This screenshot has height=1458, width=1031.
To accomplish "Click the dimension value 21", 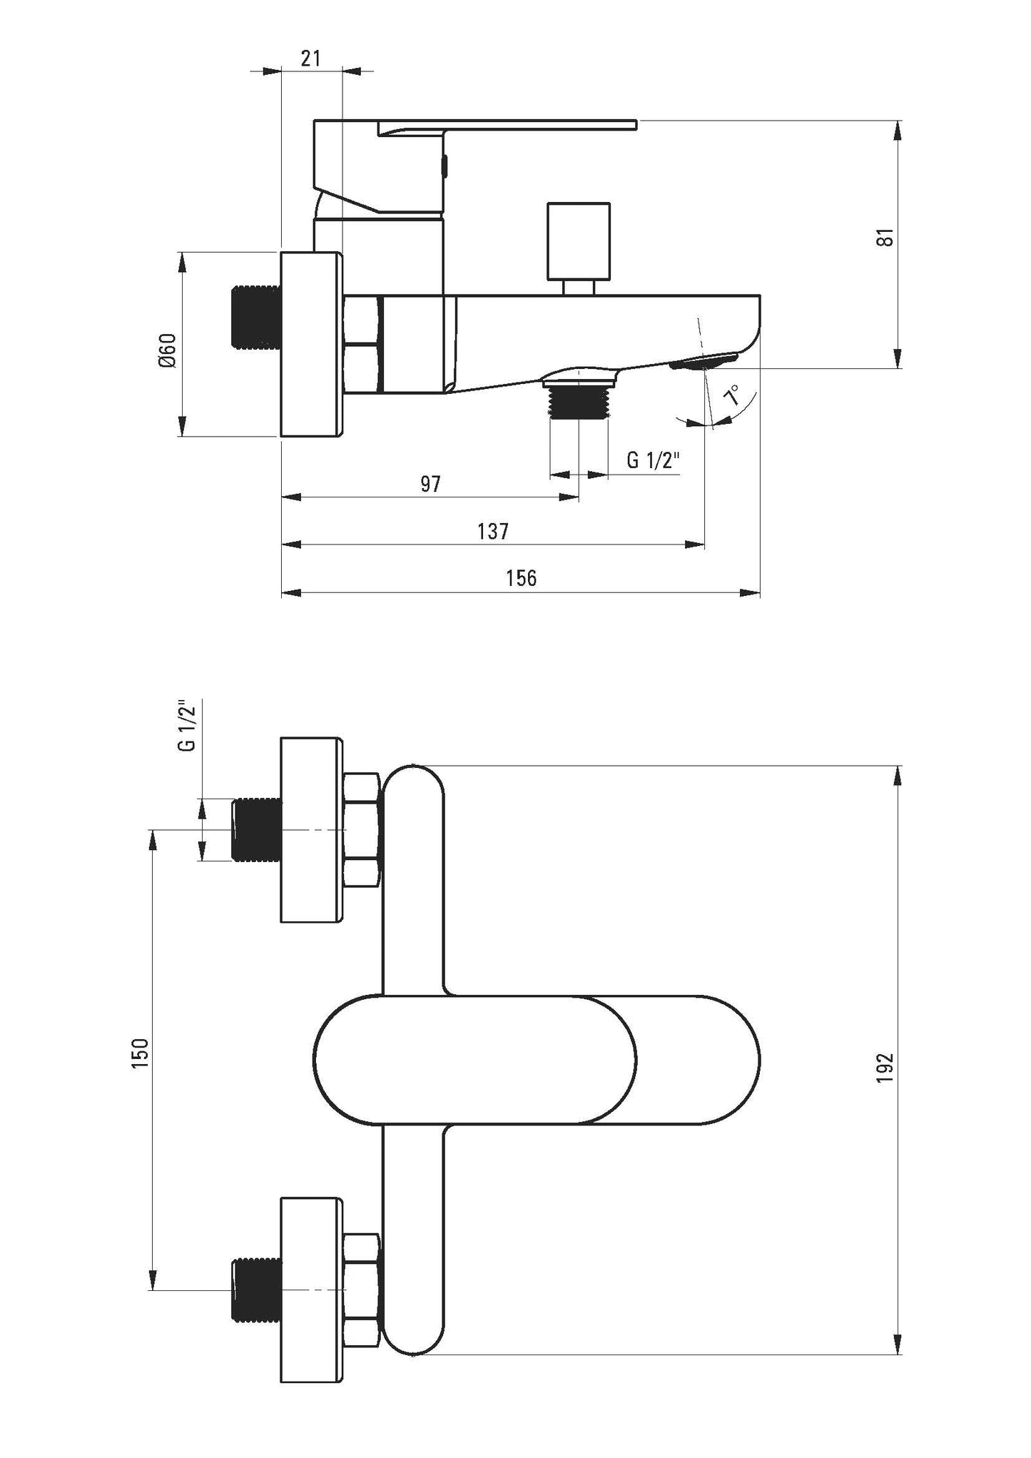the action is coord(310,58).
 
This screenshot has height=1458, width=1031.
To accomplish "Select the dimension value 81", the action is coord(885,238).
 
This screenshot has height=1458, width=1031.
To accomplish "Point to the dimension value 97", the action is coord(430,484).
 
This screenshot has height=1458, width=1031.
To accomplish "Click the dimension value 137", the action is coord(493,531).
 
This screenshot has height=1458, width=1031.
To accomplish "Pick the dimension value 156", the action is coord(522,577).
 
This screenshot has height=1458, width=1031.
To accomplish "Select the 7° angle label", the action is coord(733,395).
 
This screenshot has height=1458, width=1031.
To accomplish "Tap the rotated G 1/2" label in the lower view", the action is coord(188,727).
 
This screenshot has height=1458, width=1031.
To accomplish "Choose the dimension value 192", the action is coord(885,1068).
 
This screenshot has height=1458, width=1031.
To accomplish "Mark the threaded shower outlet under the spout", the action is coord(579,403).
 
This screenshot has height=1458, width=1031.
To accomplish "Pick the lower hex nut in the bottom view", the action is coord(362,1290).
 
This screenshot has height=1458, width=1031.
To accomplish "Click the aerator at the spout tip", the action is coord(704,362).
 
